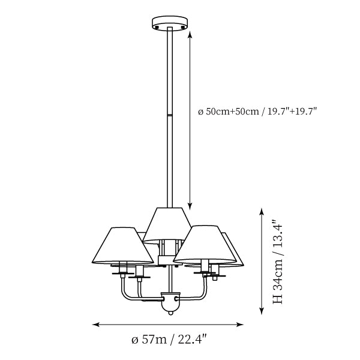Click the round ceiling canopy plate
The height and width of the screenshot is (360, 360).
tap(170, 23)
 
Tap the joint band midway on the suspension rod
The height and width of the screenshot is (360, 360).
tap(170, 115)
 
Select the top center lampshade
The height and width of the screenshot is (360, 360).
tap(167, 226)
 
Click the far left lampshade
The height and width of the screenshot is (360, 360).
tap(123, 245)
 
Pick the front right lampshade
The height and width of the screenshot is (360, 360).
tap(205, 244)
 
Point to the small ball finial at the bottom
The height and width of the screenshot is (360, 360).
tap(170, 313)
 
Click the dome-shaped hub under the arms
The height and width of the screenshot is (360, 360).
tap(170, 301)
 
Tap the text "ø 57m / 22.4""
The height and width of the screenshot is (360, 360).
tap(169, 340)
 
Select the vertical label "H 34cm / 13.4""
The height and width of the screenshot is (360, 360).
tap(277, 262)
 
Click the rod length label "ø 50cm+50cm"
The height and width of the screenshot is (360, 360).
tap(229, 112)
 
